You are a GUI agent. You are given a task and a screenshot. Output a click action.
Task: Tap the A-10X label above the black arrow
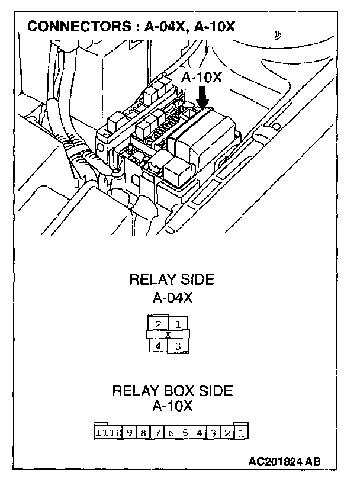pyautogui.click(x=201, y=78)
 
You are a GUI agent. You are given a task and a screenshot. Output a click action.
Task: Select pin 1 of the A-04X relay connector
pyautogui.click(x=178, y=324)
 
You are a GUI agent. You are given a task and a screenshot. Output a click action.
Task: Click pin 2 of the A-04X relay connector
pyautogui.click(x=159, y=324)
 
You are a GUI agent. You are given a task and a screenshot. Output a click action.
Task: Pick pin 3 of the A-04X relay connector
pyautogui.click(x=178, y=345)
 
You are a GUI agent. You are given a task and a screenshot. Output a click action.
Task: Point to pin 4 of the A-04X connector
pyautogui.click(x=159, y=345)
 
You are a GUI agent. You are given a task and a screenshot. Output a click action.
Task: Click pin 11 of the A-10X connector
pyautogui.click(x=101, y=433)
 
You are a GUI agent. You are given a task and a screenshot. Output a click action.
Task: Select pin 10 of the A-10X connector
pyautogui.click(x=115, y=433)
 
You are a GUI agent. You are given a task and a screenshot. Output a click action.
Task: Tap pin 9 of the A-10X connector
pyautogui.click(x=130, y=433)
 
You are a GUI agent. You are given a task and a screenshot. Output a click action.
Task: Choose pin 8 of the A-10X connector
pyautogui.click(x=143, y=433)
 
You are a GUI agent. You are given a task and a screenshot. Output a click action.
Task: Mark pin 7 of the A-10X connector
pyautogui.click(x=157, y=433)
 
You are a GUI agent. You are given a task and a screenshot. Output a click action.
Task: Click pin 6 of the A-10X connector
pyautogui.click(x=171, y=433)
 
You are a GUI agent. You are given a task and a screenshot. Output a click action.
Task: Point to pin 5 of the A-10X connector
pyautogui.click(x=185, y=433)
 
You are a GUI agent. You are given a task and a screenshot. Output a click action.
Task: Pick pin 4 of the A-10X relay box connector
pyautogui.click(x=200, y=433)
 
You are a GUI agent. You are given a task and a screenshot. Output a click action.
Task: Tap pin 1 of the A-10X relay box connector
pyautogui.click(x=242, y=433)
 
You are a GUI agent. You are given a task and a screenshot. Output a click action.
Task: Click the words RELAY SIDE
pyautogui.click(x=172, y=280)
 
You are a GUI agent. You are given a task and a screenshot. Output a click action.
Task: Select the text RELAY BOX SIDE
pyautogui.click(x=172, y=391)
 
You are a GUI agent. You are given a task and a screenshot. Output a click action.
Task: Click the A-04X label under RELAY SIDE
pyautogui.click(x=172, y=297)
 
